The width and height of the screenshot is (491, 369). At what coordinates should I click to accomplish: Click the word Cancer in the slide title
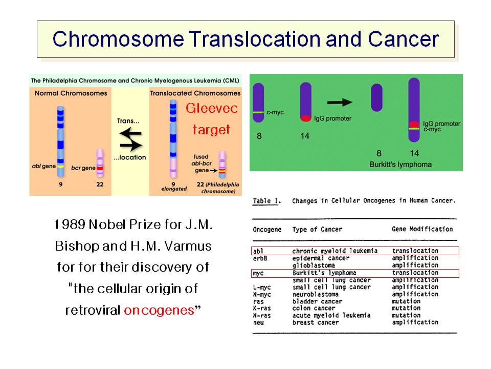[404, 39]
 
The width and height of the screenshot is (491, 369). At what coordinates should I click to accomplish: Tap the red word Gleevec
[212, 108]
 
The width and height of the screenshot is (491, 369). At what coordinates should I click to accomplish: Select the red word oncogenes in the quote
[159, 311]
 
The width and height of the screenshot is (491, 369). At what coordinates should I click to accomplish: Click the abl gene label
[44, 166]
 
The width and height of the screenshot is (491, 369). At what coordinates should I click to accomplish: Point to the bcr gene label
[83, 168]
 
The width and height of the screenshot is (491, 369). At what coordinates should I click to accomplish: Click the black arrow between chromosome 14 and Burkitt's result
[340, 102]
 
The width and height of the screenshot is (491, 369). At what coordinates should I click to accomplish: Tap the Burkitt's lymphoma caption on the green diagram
[400, 165]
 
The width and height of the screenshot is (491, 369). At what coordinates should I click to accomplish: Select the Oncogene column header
[267, 230]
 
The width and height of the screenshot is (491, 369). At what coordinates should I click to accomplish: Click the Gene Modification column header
[422, 230]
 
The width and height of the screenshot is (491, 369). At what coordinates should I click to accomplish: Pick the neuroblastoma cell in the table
[316, 294]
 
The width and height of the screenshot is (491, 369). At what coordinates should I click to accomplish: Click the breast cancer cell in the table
[316, 322]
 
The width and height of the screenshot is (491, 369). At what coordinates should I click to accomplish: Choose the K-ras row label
[262, 308]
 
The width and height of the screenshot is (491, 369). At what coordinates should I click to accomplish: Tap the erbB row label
[260, 258]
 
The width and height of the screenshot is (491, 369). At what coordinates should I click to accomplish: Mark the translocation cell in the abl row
[415, 251]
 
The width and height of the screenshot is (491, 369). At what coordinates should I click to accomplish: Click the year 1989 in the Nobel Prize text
[70, 224]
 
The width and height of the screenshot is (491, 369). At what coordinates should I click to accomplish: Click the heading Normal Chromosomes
[71, 93]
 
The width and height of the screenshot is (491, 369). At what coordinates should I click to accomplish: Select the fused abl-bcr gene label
[202, 163]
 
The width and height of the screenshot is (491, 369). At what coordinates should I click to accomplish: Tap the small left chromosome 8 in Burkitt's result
[376, 97]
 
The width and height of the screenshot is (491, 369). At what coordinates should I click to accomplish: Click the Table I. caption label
[267, 201]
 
